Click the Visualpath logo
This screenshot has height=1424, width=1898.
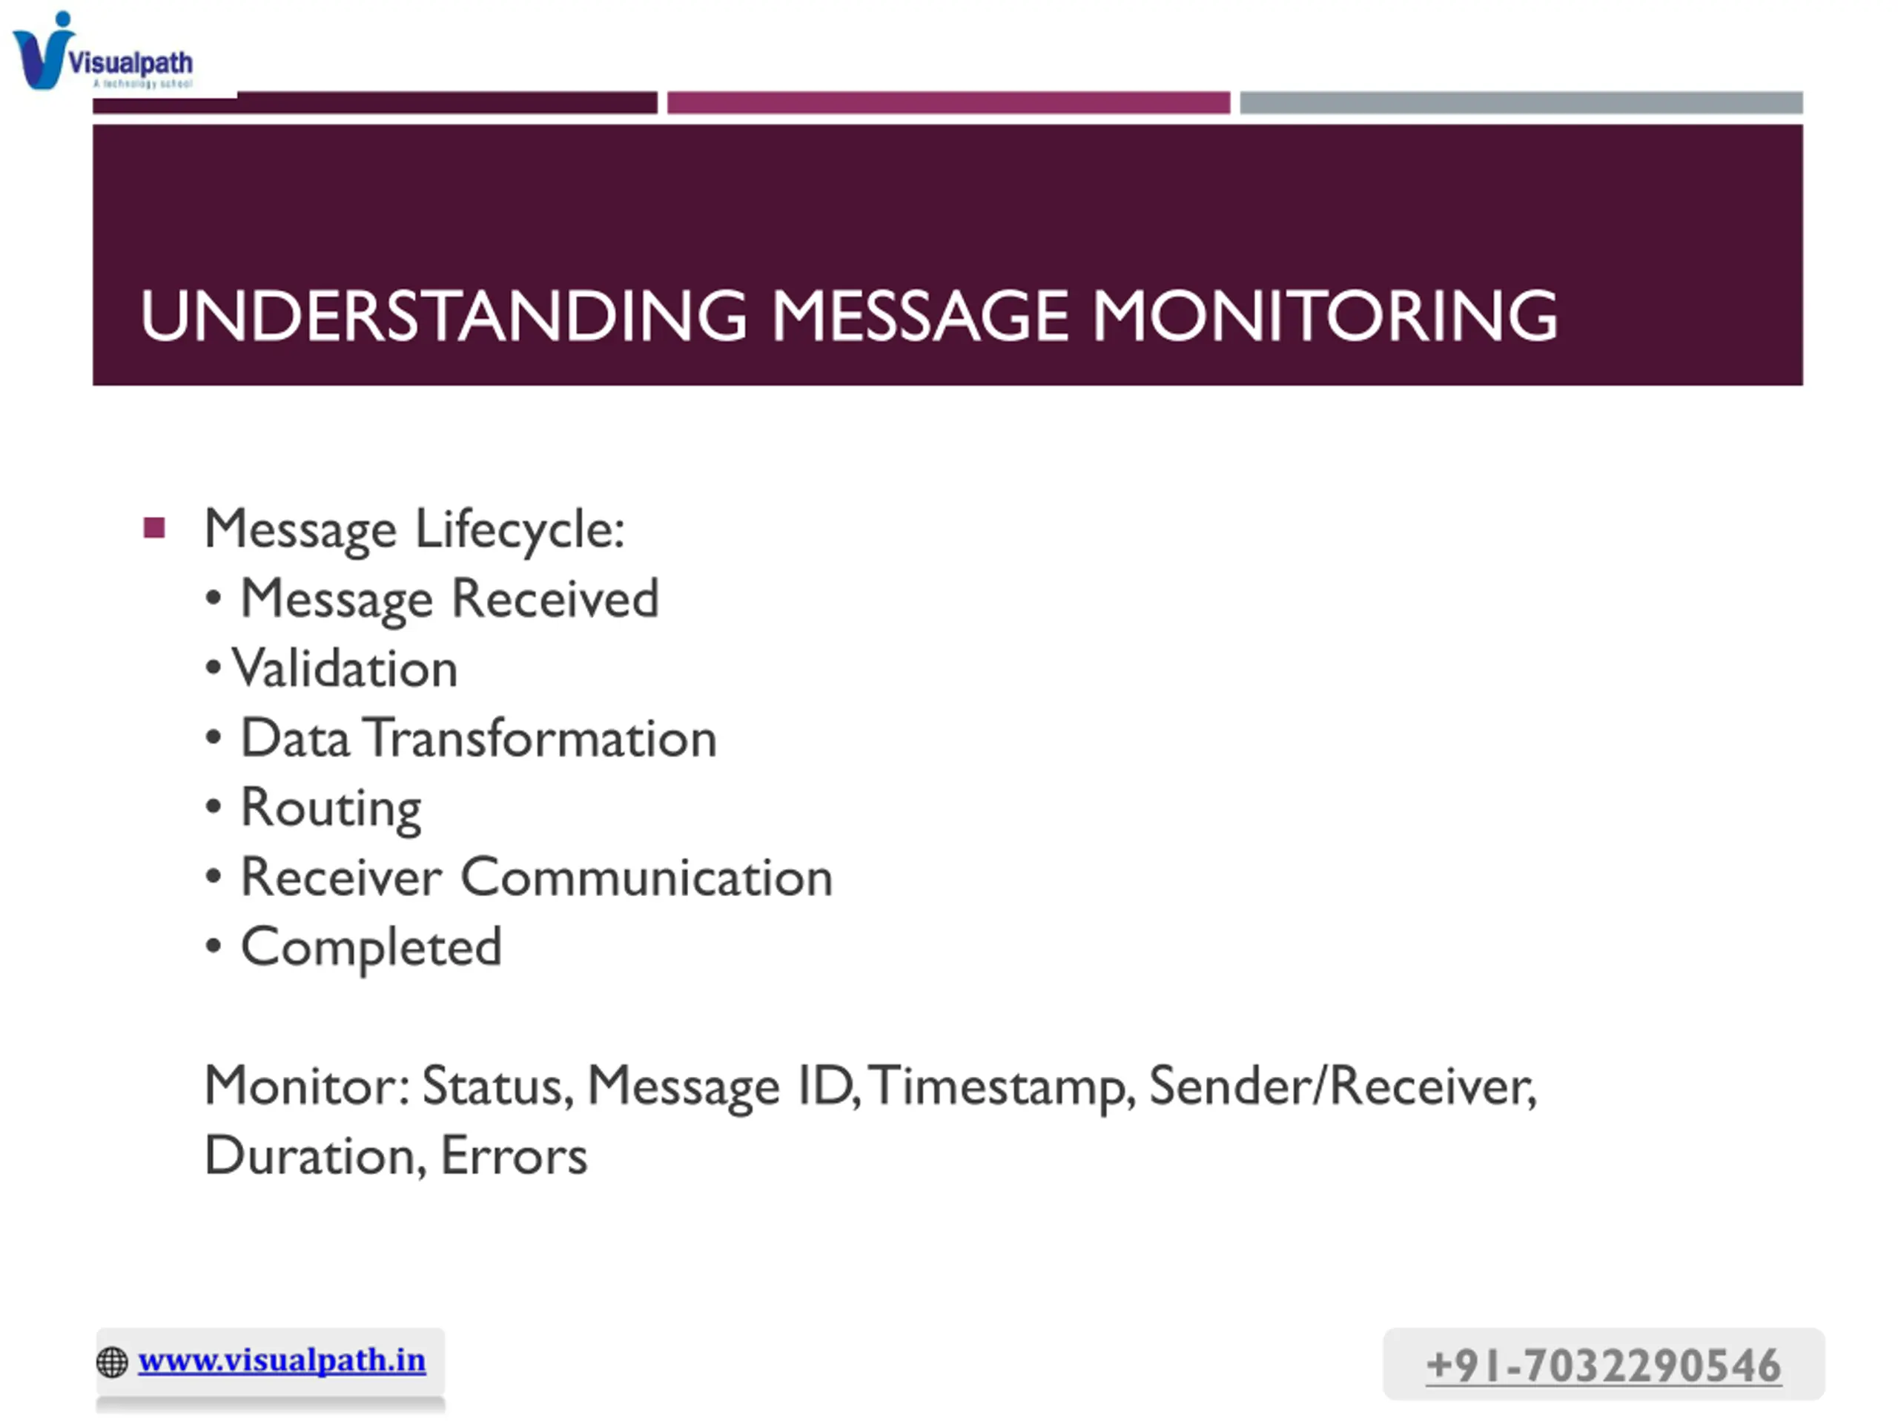[103, 50]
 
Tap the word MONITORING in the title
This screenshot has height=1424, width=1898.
[1324, 316]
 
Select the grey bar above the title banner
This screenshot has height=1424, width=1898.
[1521, 103]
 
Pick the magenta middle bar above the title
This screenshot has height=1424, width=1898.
[948, 103]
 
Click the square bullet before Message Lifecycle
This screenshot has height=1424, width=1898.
[154, 527]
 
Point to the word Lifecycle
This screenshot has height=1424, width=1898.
[520, 530]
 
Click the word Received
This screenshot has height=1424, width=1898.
[555, 599]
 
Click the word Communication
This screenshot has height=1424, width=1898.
[647, 877]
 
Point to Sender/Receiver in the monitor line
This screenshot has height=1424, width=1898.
[1343, 1087]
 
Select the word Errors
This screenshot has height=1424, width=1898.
[514, 1156]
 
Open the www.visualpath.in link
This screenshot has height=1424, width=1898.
[282, 1360]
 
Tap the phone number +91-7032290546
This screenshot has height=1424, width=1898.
[1603, 1365]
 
